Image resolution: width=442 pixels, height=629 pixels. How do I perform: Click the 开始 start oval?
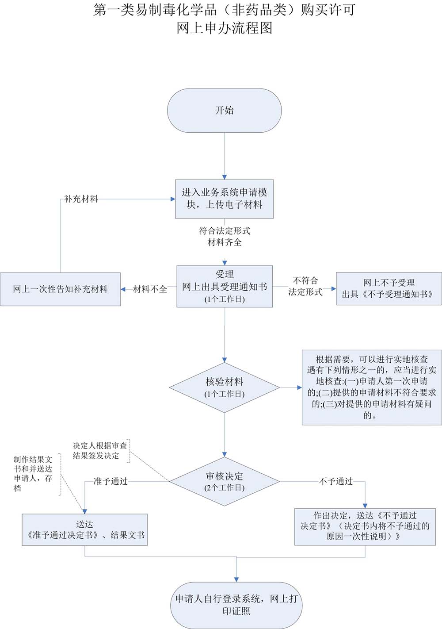click(224, 111)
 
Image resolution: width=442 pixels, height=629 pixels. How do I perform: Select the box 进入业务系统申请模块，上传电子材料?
click(224, 199)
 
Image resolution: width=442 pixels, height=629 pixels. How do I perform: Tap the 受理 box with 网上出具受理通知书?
click(224, 286)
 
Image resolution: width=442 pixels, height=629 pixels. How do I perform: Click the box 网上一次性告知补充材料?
click(60, 289)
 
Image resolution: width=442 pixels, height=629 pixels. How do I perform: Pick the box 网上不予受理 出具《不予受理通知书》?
click(389, 288)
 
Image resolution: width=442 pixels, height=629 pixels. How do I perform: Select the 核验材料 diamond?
click(224, 387)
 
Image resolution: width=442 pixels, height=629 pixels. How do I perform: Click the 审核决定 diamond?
click(224, 481)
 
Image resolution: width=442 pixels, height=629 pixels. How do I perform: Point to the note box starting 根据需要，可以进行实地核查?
click(371, 387)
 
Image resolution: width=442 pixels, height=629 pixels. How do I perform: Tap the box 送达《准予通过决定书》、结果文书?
click(84, 529)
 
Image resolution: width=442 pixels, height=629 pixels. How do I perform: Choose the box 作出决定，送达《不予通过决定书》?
click(365, 526)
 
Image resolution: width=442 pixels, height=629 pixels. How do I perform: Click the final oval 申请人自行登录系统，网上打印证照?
click(236, 605)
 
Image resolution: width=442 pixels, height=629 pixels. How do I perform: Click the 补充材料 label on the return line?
click(81, 199)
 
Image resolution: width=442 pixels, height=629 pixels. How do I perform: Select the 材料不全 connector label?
click(150, 289)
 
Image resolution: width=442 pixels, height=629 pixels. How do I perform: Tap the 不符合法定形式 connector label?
click(305, 286)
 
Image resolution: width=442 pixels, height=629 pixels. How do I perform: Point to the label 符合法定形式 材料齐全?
click(225, 237)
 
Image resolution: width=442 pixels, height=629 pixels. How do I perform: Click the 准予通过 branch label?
click(110, 481)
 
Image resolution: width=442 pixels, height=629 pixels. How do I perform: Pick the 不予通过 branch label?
click(336, 481)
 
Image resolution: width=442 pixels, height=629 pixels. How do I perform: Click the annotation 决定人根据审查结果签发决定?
click(100, 451)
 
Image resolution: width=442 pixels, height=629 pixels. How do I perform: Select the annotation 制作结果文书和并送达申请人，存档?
click(33, 474)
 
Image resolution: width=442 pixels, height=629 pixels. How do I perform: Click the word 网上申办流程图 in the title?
click(224, 28)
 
